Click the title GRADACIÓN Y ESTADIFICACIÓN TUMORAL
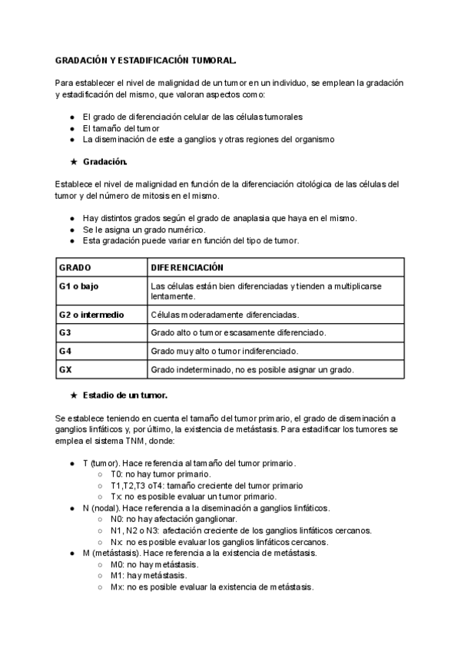pos(145,59)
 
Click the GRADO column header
pos(75,268)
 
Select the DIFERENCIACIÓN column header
pos(187,268)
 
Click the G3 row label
pos(65,333)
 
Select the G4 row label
pos(65,352)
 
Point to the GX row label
pos(65,370)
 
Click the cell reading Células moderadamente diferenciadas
pos(225,315)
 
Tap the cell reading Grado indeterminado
pos(252,370)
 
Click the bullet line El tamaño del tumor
pos(121,128)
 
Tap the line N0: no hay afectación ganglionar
pos(164,520)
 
